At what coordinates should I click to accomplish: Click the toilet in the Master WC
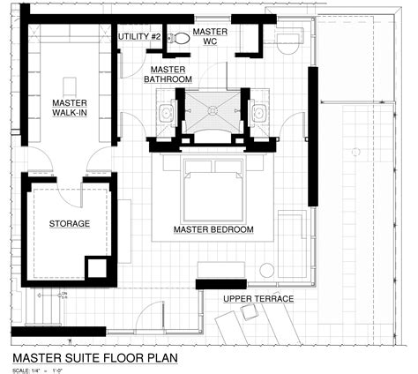click(x=180, y=38)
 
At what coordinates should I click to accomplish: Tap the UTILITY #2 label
click(x=139, y=37)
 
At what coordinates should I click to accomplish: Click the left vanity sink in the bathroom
click(x=166, y=113)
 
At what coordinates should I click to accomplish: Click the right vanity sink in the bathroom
click(x=259, y=113)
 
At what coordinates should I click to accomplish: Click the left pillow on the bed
click(x=199, y=167)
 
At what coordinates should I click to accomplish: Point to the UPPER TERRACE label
click(x=258, y=299)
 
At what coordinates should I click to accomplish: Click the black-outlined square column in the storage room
click(x=96, y=267)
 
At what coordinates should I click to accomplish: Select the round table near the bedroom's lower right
click(x=266, y=270)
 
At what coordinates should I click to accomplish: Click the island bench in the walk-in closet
click(x=71, y=86)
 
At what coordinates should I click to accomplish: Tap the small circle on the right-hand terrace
click(x=356, y=153)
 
